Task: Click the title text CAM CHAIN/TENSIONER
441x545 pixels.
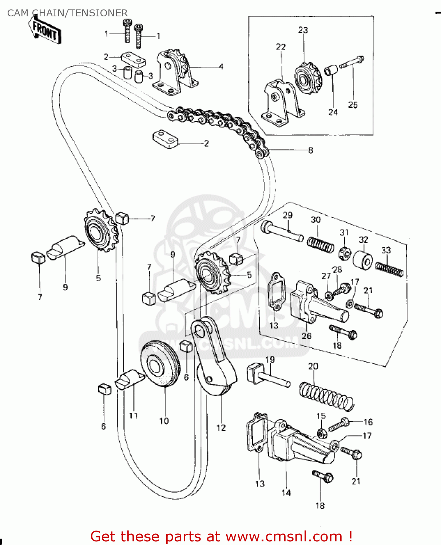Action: pyautogui.click(x=67, y=13)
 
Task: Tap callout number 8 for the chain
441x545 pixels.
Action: pyautogui.click(x=310, y=150)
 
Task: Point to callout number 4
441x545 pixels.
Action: pyautogui.click(x=221, y=67)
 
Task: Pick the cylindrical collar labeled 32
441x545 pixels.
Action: pyautogui.click(x=362, y=260)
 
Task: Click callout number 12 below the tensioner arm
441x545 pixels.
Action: pyautogui.click(x=221, y=428)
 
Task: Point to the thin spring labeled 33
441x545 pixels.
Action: pyautogui.click(x=389, y=269)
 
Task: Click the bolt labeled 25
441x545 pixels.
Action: pyautogui.click(x=351, y=62)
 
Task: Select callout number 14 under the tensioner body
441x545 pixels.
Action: pyautogui.click(x=286, y=493)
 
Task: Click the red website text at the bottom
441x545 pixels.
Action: pyautogui.click(x=221, y=536)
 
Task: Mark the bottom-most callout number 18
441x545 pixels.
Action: pyautogui.click(x=320, y=505)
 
